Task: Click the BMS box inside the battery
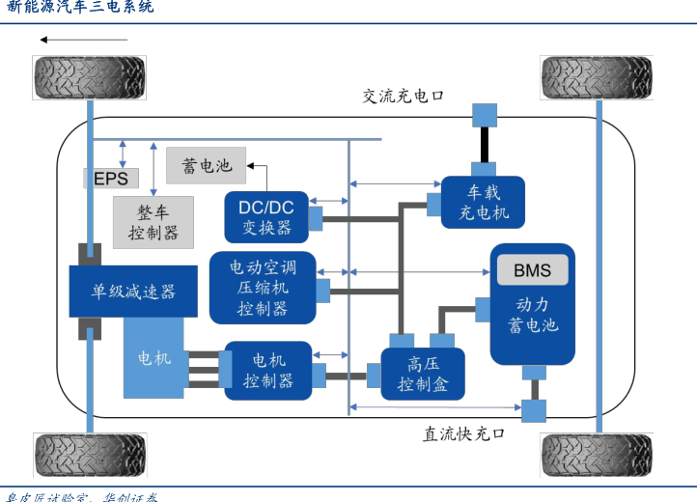tap(533, 270)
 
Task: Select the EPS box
tap(111, 178)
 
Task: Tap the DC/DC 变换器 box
tap(265, 216)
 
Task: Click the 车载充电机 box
tap(483, 202)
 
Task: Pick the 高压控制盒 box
tap(422, 375)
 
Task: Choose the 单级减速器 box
tap(133, 291)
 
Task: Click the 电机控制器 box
tap(268, 371)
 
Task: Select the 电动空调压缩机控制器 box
tap(262, 287)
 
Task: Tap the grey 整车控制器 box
tap(153, 222)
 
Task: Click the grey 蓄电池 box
tap(207, 165)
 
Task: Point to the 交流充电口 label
tap(403, 96)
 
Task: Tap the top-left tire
tap(90, 76)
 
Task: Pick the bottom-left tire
tap(90, 454)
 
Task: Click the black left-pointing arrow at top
tap(83, 40)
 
